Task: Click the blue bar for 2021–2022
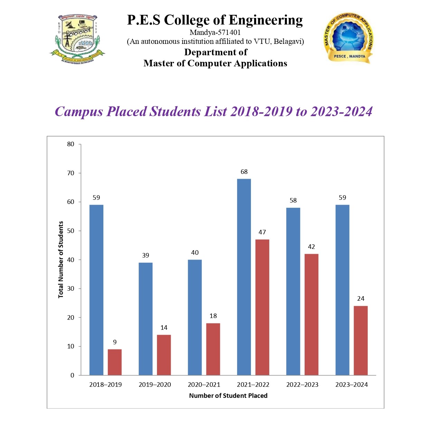pos(244,277)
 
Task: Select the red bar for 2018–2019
pos(114,362)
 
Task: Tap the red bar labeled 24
pos(361,340)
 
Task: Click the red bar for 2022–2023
pos(311,314)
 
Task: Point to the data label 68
pos(244,172)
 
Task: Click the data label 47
pos(262,232)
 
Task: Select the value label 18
pos(213,316)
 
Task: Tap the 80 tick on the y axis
pos(71,144)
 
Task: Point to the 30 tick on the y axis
pos(71,289)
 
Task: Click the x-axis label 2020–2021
pos(204,385)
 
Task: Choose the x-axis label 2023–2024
pos(352,385)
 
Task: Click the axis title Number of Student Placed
pos(228,396)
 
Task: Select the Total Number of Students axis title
pos(61,260)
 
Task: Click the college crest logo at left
pos(77,39)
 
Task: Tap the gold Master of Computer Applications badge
pos(348,38)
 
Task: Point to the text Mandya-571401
pos(215,32)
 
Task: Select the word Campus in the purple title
pos(79,112)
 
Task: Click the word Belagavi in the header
pos(288,42)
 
